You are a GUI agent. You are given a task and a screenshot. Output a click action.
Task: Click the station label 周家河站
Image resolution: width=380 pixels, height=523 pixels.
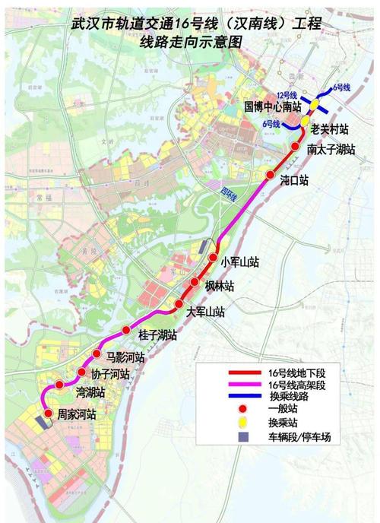77,414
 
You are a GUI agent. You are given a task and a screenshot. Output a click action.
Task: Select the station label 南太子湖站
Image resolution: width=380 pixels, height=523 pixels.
331,150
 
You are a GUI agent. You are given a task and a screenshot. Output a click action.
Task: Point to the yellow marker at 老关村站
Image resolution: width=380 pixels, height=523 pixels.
305,122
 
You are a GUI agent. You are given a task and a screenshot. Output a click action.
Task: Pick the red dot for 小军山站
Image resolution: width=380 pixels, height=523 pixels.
213,258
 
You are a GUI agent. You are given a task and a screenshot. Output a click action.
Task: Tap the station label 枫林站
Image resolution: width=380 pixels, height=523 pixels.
219,285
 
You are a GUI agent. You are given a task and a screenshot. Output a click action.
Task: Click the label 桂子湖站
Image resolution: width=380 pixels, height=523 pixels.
158,334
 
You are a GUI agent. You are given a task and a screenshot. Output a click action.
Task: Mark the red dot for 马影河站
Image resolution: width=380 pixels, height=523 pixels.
97,355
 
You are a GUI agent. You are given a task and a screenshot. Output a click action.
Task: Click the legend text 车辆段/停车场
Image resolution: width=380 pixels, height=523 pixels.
304,439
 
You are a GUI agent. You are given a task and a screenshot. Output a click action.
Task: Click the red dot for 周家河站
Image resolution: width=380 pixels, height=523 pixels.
44,414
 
